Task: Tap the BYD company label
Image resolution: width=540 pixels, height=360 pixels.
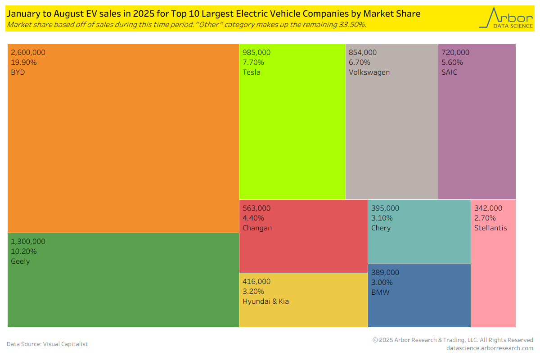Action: [18, 72]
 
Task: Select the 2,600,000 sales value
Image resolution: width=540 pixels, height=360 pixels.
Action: [28, 52]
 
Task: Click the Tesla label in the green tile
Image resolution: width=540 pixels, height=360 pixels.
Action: [252, 72]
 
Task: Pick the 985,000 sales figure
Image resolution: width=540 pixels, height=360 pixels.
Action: [256, 52]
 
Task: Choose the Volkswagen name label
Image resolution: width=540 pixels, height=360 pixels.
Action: [369, 72]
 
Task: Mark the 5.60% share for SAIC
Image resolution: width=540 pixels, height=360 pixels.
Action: [452, 62]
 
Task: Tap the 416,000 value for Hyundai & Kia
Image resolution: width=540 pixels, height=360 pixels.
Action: [256, 281]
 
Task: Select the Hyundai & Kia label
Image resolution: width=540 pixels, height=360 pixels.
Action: [265, 301]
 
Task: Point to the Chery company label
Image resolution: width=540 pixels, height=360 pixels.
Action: [381, 228]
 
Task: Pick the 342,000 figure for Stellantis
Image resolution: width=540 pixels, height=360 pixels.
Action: [488, 208]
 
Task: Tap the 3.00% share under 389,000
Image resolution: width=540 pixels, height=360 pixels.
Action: [382, 282]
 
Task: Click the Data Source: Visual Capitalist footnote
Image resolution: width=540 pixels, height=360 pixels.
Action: [47, 344]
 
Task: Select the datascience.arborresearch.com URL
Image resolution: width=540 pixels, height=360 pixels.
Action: [490, 348]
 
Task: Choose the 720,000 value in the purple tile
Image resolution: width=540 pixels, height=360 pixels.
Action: [455, 52]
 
